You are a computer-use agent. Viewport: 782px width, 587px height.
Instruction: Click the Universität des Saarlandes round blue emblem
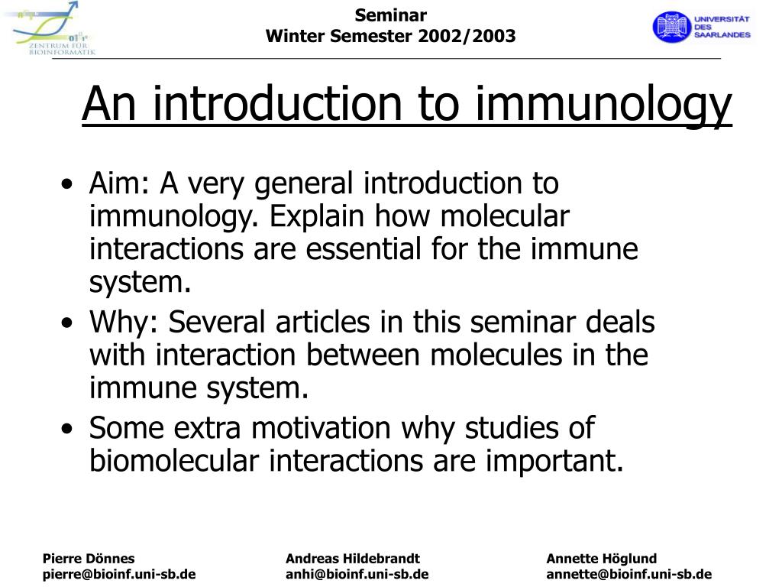(x=671, y=27)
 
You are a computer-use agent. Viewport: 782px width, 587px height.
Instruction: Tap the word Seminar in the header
(x=390, y=15)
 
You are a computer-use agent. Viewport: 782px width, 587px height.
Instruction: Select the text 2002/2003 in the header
(x=467, y=36)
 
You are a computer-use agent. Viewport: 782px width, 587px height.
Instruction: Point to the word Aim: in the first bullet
(x=119, y=183)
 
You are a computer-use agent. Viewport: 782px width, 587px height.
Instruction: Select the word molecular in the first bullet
(x=505, y=216)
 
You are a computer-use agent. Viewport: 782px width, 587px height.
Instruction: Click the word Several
(x=216, y=322)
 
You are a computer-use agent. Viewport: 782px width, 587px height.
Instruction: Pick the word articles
(x=323, y=322)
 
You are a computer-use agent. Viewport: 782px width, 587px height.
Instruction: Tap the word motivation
(x=321, y=428)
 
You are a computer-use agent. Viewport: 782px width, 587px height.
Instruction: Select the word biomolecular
(x=174, y=460)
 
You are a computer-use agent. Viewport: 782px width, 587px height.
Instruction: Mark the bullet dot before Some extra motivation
(x=67, y=429)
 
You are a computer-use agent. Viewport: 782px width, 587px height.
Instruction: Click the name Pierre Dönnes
(x=89, y=558)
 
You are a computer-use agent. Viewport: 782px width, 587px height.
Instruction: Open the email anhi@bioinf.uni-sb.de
(x=357, y=574)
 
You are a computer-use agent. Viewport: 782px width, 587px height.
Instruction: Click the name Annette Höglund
(x=602, y=559)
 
